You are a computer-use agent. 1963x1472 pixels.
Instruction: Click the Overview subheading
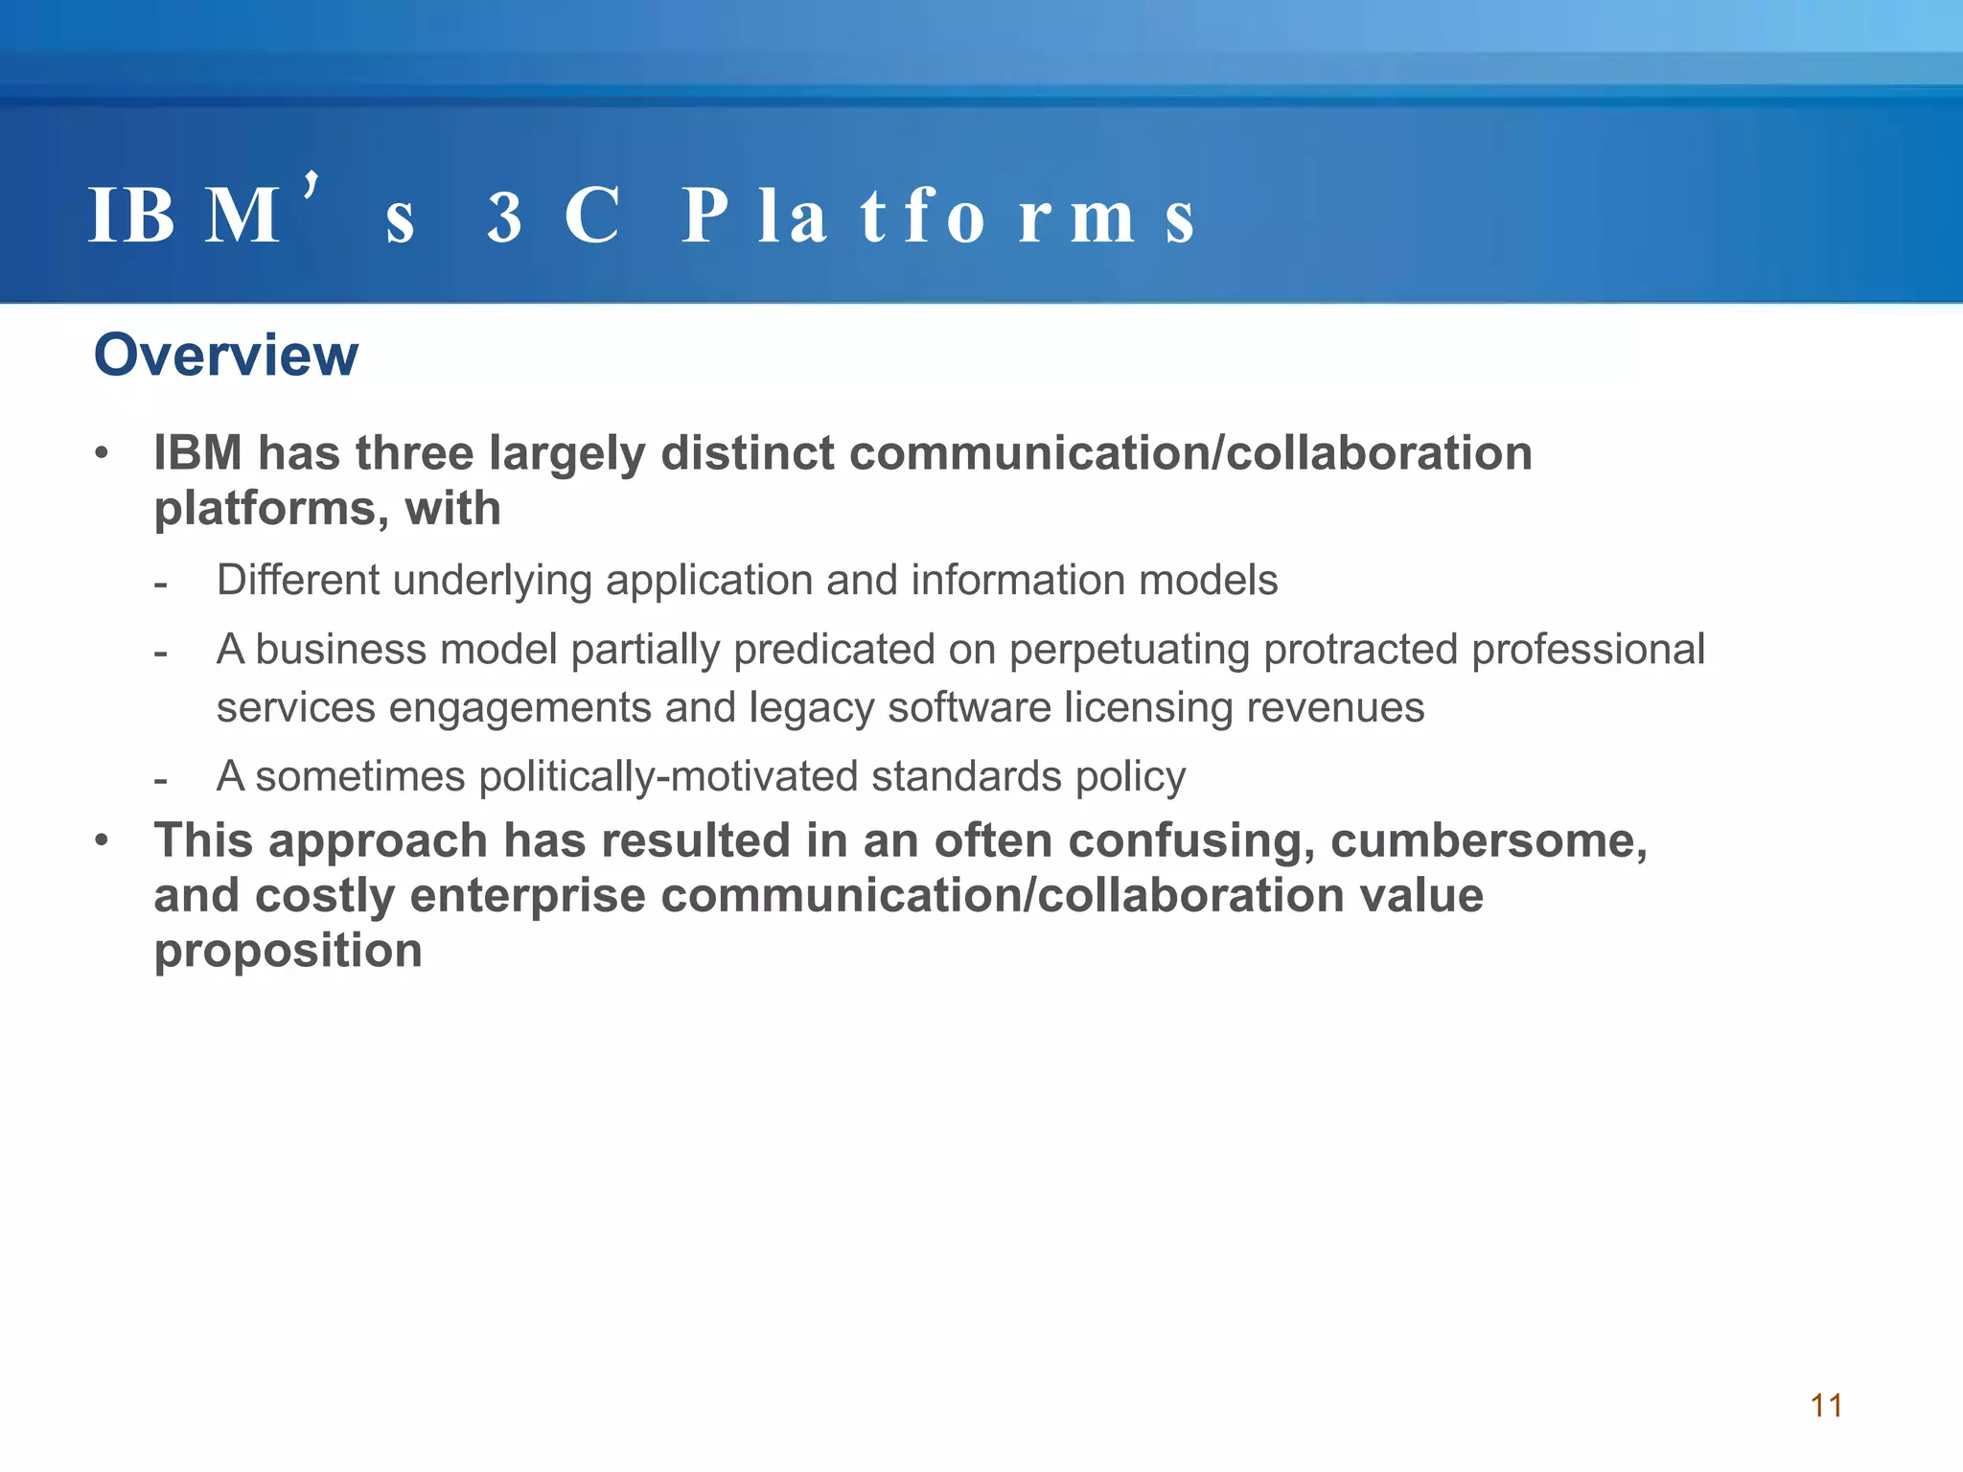pos(225,355)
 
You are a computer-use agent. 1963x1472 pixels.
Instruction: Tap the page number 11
pos(1826,1406)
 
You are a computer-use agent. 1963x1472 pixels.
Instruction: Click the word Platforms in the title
pos(937,217)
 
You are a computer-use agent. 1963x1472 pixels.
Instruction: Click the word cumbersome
pos(1488,840)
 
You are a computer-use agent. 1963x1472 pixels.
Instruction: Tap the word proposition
pos(288,951)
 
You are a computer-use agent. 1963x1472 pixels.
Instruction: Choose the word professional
pos(1587,650)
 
